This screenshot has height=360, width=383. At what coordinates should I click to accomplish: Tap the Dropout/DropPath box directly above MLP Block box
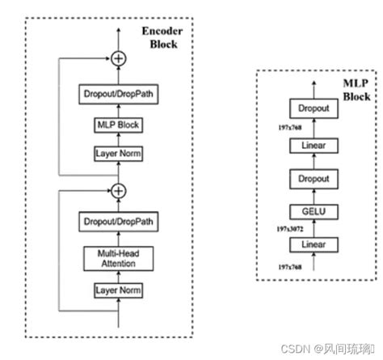click(x=119, y=95)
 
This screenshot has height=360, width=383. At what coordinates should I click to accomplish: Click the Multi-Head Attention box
click(x=119, y=258)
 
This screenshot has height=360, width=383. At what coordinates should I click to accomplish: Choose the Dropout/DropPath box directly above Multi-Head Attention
click(x=119, y=220)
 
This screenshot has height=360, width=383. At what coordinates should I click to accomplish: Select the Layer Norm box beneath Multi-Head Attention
click(x=119, y=290)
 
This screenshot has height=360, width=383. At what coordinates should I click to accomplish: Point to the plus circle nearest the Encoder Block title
click(x=119, y=58)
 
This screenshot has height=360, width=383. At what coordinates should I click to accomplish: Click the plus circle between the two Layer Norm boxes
click(x=119, y=191)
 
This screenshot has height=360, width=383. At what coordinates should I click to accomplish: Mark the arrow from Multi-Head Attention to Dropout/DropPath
click(x=119, y=238)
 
